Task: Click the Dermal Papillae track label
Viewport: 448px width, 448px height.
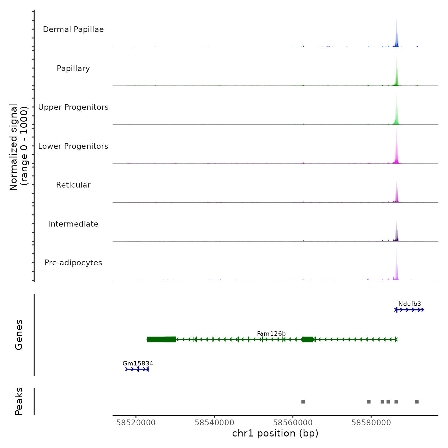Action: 73,29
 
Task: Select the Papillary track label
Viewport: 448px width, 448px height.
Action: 73,68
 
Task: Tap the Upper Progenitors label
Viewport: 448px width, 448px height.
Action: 73,107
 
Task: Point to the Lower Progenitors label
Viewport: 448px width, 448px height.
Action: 73,146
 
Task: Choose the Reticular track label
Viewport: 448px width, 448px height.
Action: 73,185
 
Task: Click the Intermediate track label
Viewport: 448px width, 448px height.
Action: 73,224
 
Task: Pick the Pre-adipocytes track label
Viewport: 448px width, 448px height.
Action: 73,263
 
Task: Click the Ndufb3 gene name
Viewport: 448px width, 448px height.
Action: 410,304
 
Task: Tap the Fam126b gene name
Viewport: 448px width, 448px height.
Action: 271,334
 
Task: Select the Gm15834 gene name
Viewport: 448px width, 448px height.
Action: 138,364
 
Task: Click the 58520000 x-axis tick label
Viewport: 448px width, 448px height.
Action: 136,423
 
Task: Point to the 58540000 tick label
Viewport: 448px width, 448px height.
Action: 214,423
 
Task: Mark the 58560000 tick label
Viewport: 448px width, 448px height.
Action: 293,423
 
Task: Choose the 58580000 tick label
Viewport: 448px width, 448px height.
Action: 371,423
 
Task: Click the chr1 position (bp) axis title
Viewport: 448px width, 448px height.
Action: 275,434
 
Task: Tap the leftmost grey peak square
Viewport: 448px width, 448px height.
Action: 303,402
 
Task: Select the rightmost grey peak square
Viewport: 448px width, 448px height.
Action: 417,402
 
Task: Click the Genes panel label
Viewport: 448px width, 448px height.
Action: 19,335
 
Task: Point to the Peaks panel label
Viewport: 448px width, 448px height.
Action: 19,401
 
